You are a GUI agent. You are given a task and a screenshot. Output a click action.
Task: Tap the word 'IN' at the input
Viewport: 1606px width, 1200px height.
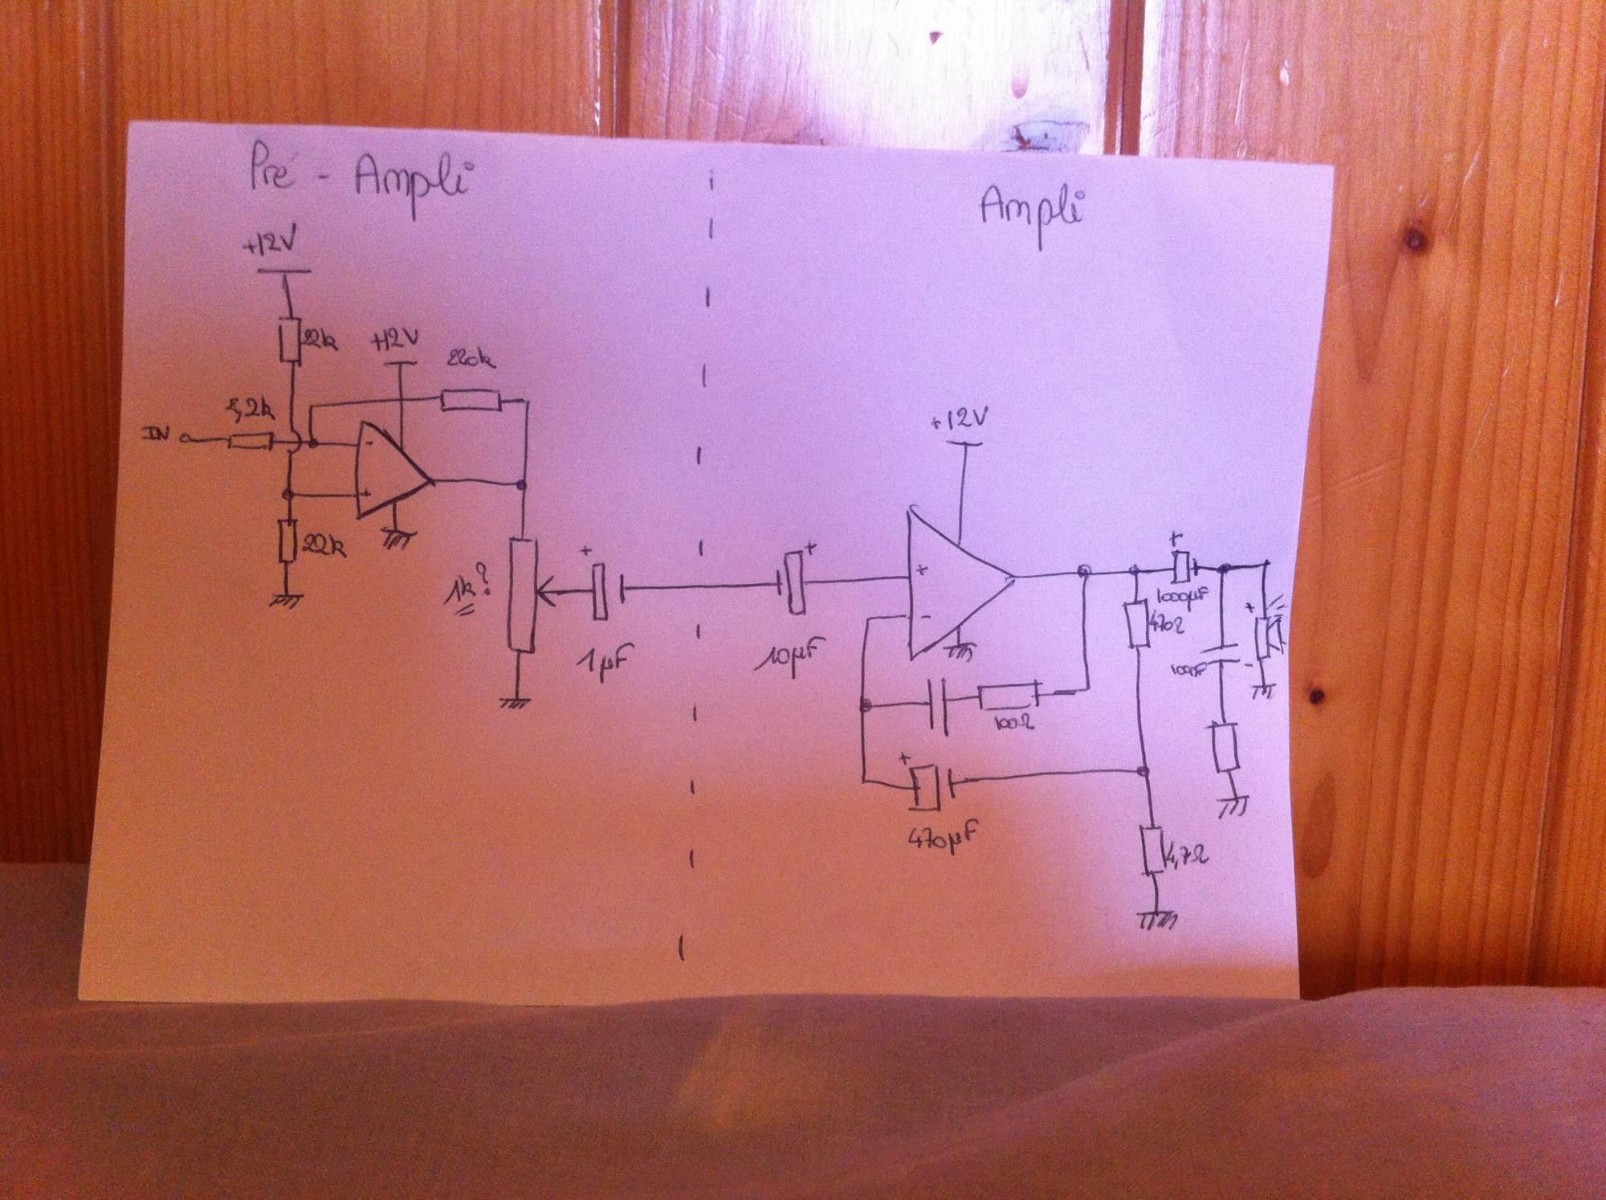coord(158,436)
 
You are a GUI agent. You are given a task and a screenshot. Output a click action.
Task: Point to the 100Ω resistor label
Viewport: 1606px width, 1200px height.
coord(1013,722)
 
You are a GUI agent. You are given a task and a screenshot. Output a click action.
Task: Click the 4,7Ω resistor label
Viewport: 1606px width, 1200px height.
coord(1185,859)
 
